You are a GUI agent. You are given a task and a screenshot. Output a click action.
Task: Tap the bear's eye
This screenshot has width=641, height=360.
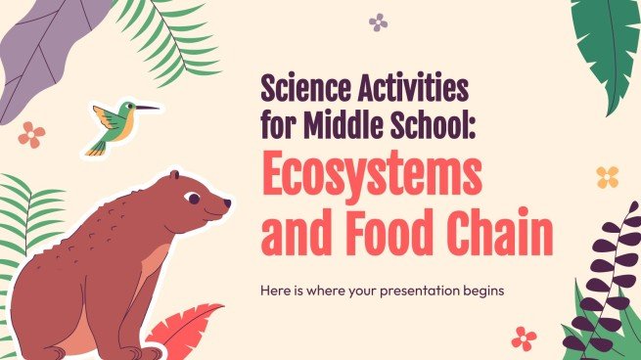click(x=193, y=198)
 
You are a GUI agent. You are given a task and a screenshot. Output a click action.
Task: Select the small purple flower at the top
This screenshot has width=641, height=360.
click(x=378, y=22)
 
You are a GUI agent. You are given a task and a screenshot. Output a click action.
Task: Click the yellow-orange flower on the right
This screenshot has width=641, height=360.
click(x=608, y=177)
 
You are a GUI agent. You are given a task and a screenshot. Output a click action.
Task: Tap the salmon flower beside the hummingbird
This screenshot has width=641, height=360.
click(x=31, y=135)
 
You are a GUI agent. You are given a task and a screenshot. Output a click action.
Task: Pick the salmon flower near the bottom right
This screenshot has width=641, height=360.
click(x=524, y=338)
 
